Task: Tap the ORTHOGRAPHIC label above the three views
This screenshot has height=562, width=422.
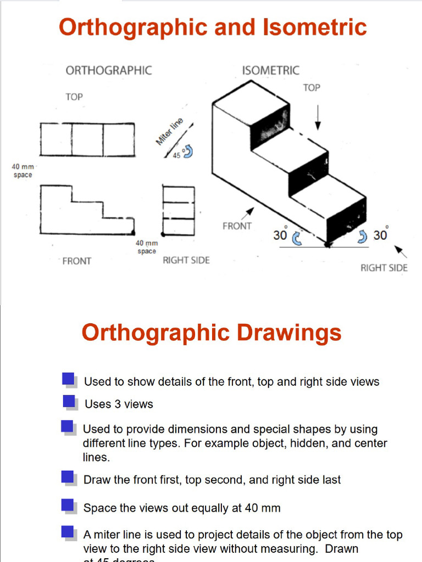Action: tap(109, 70)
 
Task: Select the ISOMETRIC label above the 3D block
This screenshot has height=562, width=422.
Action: tap(271, 70)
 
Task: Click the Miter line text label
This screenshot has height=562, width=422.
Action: tap(169, 132)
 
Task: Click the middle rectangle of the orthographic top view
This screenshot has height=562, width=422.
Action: tap(87, 140)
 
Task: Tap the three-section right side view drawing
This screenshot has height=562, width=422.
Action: tap(178, 211)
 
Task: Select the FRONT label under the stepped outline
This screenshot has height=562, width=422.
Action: tap(77, 261)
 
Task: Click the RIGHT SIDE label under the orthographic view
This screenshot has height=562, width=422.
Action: tap(186, 260)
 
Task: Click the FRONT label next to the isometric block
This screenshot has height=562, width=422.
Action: tap(237, 226)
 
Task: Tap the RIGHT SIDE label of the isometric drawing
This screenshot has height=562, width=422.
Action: tap(384, 268)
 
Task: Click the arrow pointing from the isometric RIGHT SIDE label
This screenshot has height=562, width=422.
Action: tap(402, 252)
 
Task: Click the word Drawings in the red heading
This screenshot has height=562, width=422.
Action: tap(289, 333)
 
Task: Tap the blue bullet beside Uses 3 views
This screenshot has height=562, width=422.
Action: tap(69, 402)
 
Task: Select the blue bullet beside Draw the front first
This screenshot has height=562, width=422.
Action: tap(68, 477)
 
